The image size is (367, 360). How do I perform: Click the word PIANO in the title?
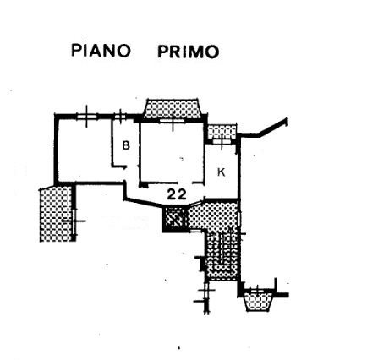(101, 51)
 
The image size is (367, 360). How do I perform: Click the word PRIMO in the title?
(189, 52)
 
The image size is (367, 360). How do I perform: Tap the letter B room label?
(126, 145)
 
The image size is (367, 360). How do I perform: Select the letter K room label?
(222, 172)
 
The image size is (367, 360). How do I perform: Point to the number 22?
(177, 194)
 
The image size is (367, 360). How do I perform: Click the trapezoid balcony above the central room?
(173, 109)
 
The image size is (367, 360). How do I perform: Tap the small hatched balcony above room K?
(222, 132)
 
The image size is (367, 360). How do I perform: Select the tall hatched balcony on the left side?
(56, 214)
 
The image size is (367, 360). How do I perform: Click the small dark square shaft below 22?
(174, 219)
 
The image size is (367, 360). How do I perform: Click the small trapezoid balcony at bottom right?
(258, 302)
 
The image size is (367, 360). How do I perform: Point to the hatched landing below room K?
(213, 215)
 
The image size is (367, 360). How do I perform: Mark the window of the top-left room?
(87, 117)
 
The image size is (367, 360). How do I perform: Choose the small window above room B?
(120, 116)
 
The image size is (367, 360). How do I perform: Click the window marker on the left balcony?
(74, 221)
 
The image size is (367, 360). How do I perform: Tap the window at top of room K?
(222, 141)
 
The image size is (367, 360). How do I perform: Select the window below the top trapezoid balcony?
(173, 121)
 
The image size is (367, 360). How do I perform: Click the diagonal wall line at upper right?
(273, 128)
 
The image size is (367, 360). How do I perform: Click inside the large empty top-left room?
(85, 150)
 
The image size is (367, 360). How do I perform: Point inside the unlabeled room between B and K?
(172, 152)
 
